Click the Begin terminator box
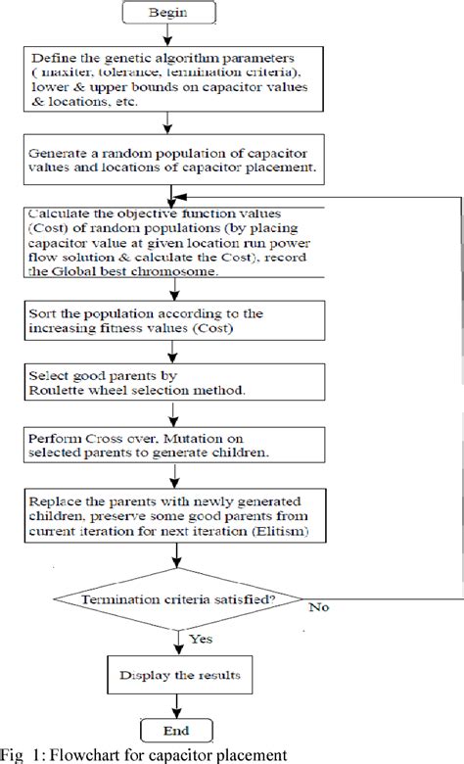(169, 15)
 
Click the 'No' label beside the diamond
(318, 607)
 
